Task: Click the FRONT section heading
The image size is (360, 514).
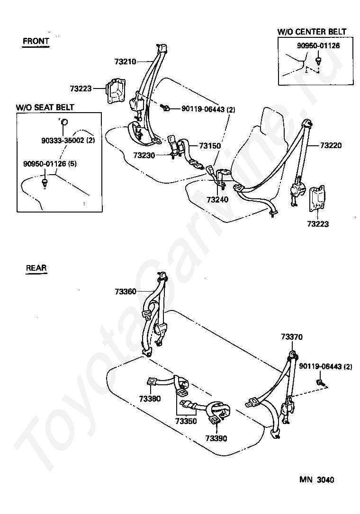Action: pos(36,41)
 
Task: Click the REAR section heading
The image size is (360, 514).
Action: pos(36,268)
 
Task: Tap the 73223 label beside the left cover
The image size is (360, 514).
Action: pos(81,88)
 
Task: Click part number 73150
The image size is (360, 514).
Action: pos(210,146)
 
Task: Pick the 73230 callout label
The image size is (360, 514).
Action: pos(144,155)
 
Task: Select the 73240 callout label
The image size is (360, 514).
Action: pos(217,200)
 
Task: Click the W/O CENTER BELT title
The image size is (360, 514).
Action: pos(312,32)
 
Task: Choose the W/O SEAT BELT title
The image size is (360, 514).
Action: pos(45,107)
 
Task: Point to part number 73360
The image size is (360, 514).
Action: pos(125,292)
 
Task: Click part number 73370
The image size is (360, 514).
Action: pos(291,337)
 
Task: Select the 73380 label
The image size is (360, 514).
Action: pos(150,399)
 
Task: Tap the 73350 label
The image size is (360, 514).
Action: pos(186,421)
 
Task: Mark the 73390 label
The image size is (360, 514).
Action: pos(216,438)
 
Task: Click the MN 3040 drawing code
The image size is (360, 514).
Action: pos(316,480)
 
